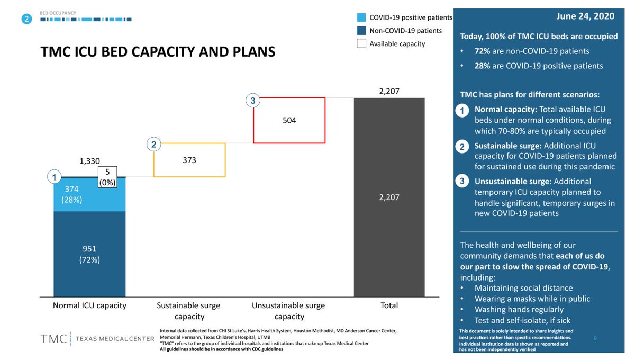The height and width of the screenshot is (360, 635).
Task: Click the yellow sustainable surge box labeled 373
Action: pyautogui.click(x=189, y=159)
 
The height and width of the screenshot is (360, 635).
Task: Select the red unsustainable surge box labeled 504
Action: pyautogui.click(x=289, y=120)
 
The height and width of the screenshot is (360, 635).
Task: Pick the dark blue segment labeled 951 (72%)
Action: pyautogui.click(x=89, y=254)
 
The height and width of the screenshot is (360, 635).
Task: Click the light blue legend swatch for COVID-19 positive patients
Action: pyautogui.click(x=361, y=17)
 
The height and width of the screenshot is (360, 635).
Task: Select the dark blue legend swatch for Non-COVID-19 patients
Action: pyautogui.click(x=361, y=31)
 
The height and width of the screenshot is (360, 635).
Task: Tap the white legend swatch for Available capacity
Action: pyautogui.click(x=361, y=44)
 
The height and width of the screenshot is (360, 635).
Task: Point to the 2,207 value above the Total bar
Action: pyautogui.click(x=389, y=91)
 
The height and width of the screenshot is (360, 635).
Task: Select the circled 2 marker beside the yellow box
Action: pyautogui.click(x=152, y=143)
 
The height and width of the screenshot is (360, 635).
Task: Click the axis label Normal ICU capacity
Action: pyautogui.click(x=89, y=305)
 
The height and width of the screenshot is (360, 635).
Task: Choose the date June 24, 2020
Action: pyautogui.click(x=585, y=16)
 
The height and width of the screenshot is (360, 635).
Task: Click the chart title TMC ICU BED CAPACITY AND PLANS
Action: pyautogui.click(x=158, y=52)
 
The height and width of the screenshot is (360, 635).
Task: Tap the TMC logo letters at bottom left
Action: pyautogui.click(x=53, y=338)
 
